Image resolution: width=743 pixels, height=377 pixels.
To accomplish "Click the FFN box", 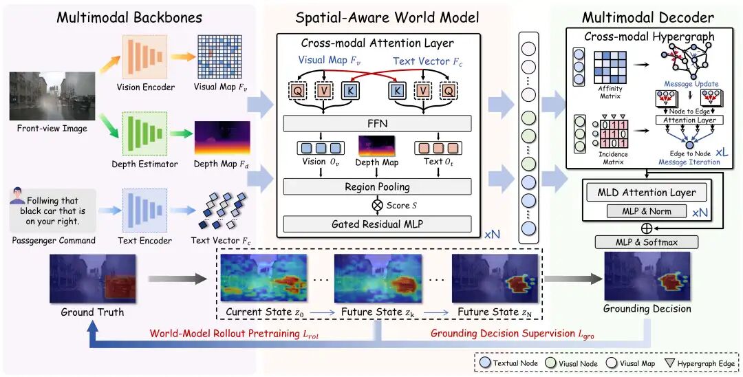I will [x=377, y=124].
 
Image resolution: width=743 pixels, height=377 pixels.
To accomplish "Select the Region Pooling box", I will [x=377, y=186].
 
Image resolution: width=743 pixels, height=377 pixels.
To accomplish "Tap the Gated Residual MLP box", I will [x=377, y=224].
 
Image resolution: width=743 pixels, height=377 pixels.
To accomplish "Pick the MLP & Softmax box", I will [x=646, y=242].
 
